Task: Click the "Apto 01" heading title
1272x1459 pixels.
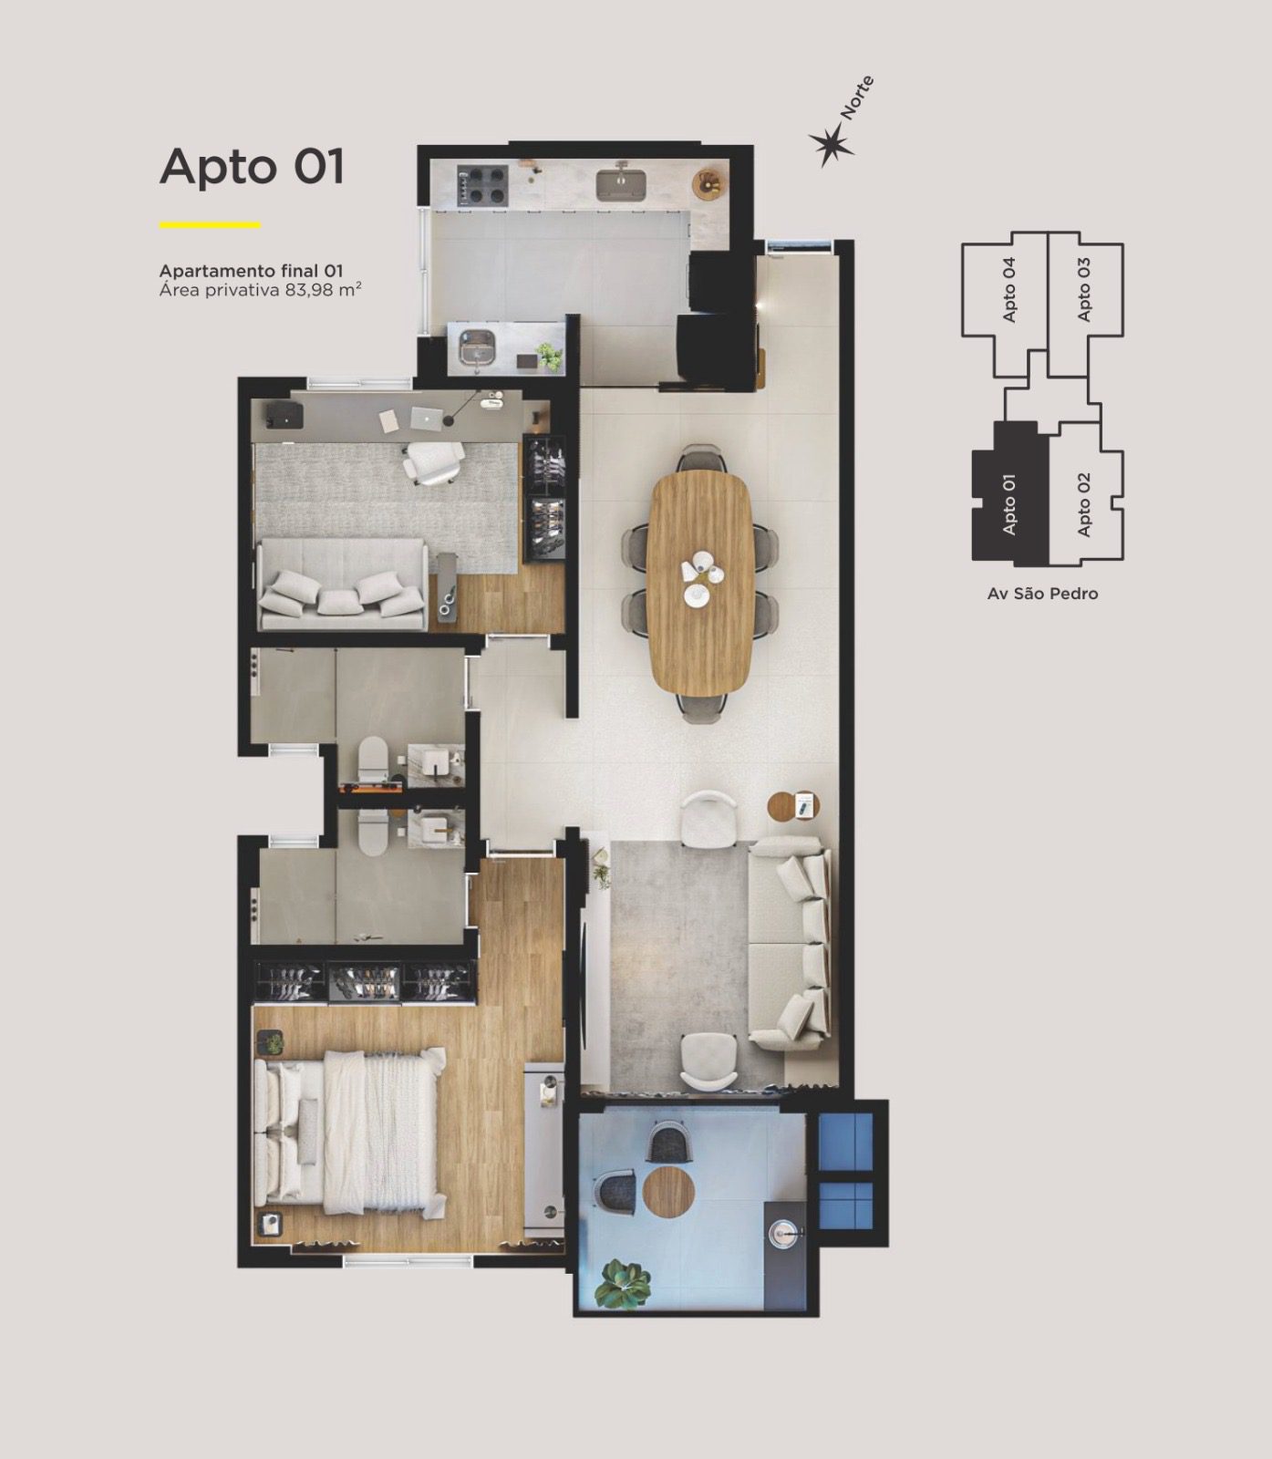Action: click(252, 166)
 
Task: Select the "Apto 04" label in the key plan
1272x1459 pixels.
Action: click(1008, 289)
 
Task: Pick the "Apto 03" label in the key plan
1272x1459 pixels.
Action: click(1083, 289)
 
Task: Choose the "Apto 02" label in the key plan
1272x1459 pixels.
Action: click(1083, 504)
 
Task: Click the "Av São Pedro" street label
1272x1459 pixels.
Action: click(1042, 594)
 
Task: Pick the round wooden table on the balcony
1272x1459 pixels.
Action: click(669, 1191)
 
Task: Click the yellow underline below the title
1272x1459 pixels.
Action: click(210, 224)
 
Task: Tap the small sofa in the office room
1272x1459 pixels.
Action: click(343, 585)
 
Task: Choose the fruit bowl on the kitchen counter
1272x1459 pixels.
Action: click(709, 182)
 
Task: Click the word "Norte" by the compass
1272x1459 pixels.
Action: click(857, 98)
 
